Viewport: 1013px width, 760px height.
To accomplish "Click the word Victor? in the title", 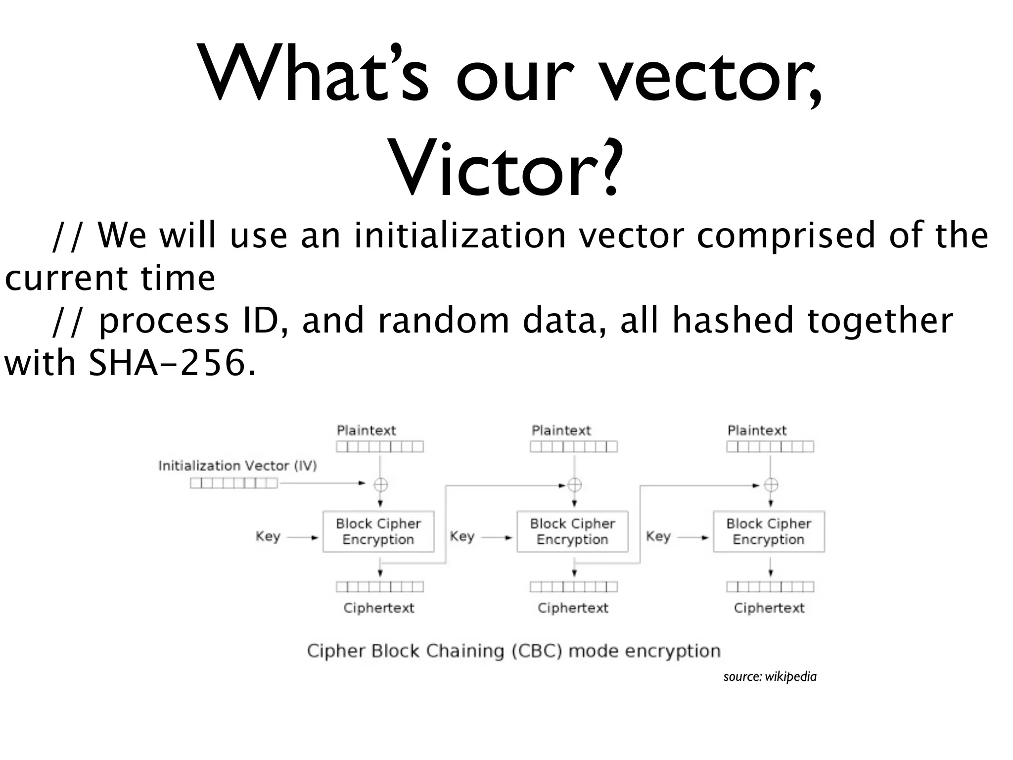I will point(505,168).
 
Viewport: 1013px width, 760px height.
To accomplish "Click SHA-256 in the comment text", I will point(167,363).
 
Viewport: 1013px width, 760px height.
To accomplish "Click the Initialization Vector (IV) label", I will point(237,466).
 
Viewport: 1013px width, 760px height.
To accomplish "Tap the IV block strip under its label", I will point(233,483).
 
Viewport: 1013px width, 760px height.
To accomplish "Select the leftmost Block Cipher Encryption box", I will point(378,531).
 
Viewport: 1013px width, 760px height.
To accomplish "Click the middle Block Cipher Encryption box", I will point(572,531).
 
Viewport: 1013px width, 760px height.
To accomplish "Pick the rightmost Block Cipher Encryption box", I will point(769,531).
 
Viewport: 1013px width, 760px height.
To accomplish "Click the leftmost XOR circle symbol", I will point(380,484).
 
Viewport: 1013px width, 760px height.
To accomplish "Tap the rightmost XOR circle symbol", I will point(771,485).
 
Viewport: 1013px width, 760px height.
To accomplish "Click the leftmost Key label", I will point(268,536).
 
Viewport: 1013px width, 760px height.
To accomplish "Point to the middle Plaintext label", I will point(561,430).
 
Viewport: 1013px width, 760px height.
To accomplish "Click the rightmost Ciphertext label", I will point(769,608).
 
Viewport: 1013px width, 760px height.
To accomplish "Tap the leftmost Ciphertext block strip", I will point(379,587).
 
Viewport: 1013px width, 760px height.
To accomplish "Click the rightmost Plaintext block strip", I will point(770,447).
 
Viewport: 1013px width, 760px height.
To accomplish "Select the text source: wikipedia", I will point(770,676).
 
